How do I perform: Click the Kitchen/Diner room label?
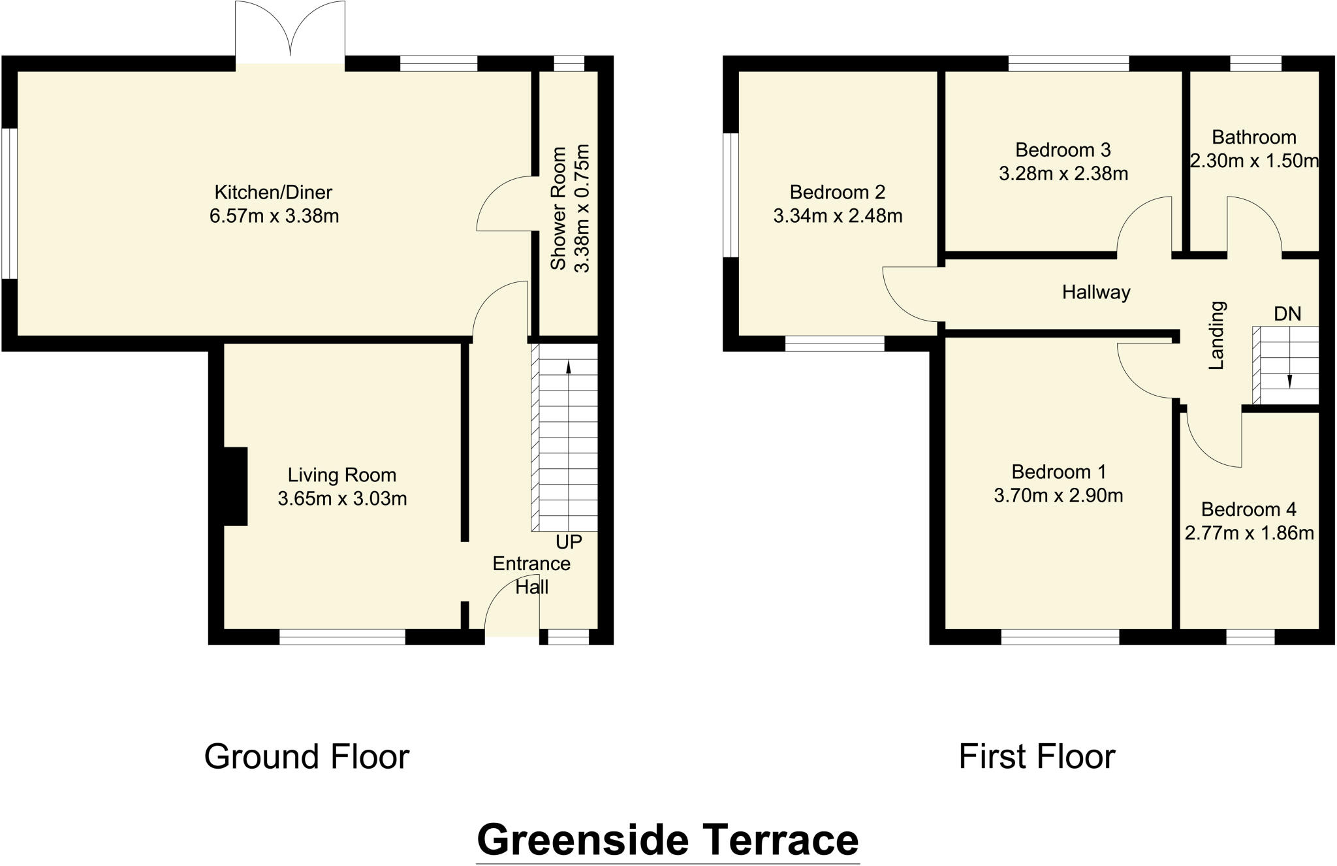pyautogui.click(x=273, y=192)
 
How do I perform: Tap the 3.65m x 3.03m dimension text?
pyautogui.click(x=342, y=499)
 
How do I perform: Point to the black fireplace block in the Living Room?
pyautogui.click(x=235, y=486)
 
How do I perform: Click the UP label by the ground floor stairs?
pyautogui.click(x=568, y=541)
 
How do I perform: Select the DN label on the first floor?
pyautogui.click(x=1287, y=314)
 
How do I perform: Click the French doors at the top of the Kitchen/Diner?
pyautogui.click(x=290, y=33)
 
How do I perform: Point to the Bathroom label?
pyautogui.click(x=1253, y=137)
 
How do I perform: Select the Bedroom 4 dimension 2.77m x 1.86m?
pyautogui.click(x=1249, y=534)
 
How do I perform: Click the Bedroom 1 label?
pyautogui.click(x=1058, y=472)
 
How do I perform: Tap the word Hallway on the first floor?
pyautogui.click(x=1095, y=292)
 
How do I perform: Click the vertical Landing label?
pyautogui.click(x=1216, y=335)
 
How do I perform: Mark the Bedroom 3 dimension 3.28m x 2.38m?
pyautogui.click(x=1063, y=174)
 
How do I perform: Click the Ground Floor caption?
pyautogui.click(x=306, y=757)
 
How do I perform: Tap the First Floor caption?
pyautogui.click(x=1036, y=757)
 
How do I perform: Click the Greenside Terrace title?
pyautogui.click(x=667, y=840)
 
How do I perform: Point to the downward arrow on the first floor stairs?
pyautogui.click(x=1289, y=381)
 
